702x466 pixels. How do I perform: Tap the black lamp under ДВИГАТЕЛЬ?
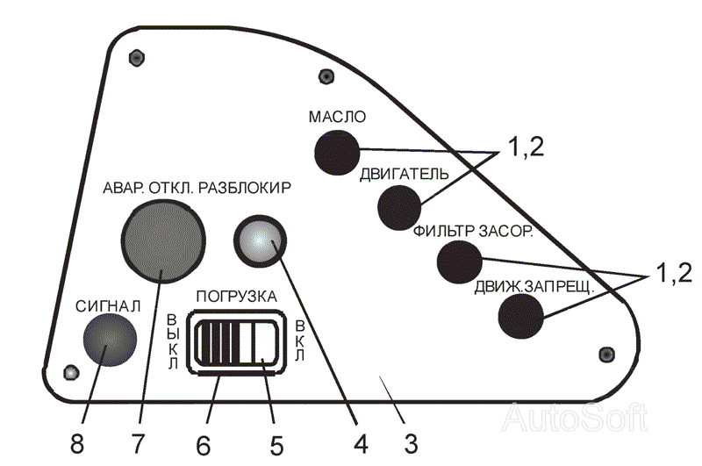pyautogui.click(x=400, y=206)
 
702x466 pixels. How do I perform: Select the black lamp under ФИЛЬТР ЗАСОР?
pyautogui.click(x=459, y=260)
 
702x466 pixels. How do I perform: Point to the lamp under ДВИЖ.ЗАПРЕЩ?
pyautogui.click(x=521, y=315)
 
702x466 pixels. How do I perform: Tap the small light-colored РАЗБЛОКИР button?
pyautogui.click(x=261, y=242)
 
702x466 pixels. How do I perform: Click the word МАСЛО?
pyautogui.click(x=337, y=117)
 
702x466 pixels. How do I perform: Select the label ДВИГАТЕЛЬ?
pyautogui.click(x=405, y=173)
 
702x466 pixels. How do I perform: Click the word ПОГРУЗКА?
pyautogui.click(x=237, y=297)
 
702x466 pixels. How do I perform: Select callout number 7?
pyautogui.click(x=139, y=441)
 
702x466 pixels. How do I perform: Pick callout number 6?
pyautogui.click(x=203, y=441)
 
